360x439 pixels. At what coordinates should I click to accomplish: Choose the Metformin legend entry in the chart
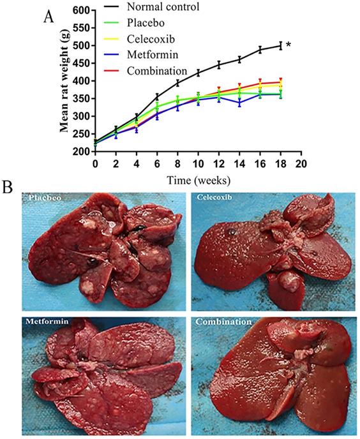pyautogui.click(x=148, y=54)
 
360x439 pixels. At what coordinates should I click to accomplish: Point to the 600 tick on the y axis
pyautogui.click(x=80, y=10)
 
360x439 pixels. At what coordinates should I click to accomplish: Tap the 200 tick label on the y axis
pyautogui.click(x=80, y=152)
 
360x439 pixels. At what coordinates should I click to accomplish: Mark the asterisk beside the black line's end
pyautogui.click(x=289, y=45)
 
